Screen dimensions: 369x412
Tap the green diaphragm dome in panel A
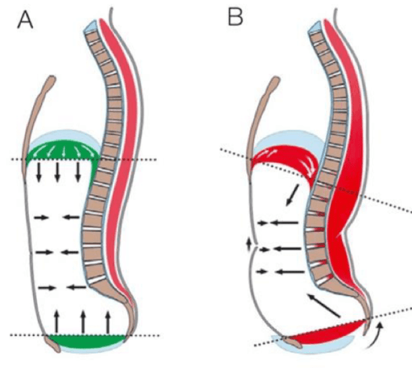[x=66, y=150]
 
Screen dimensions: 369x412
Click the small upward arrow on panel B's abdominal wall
[x=248, y=244]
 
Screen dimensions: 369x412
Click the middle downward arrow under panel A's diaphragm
[x=58, y=173]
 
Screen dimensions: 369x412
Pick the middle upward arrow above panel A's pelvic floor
[x=82, y=321]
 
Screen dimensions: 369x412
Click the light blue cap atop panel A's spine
[x=90, y=29]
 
